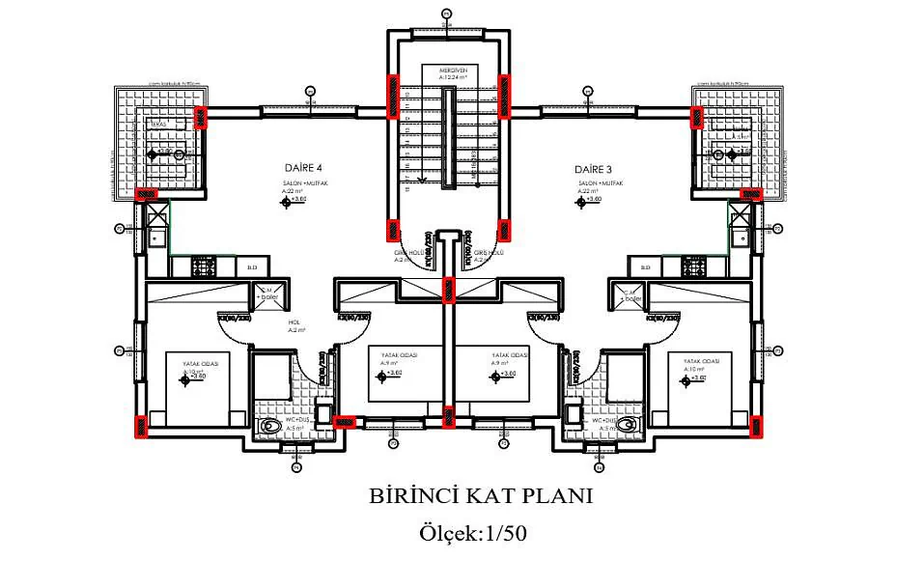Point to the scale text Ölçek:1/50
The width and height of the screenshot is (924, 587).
[x=473, y=532]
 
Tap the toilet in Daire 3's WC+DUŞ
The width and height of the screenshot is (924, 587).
[x=629, y=424]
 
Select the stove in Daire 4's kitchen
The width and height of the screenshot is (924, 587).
[x=205, y=264]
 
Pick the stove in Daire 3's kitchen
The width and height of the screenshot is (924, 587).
[x=692, y=264]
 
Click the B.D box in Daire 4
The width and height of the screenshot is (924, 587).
[x=252, y=267]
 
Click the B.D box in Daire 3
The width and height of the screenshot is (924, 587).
[x=645, y=267]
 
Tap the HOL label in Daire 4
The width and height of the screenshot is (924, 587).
[x=294, y=324]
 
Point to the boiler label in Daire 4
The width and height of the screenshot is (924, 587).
[x=266, y=296]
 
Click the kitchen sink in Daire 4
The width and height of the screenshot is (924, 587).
[x=158, y=236]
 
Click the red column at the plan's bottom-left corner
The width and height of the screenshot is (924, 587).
[x=142, y=424]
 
